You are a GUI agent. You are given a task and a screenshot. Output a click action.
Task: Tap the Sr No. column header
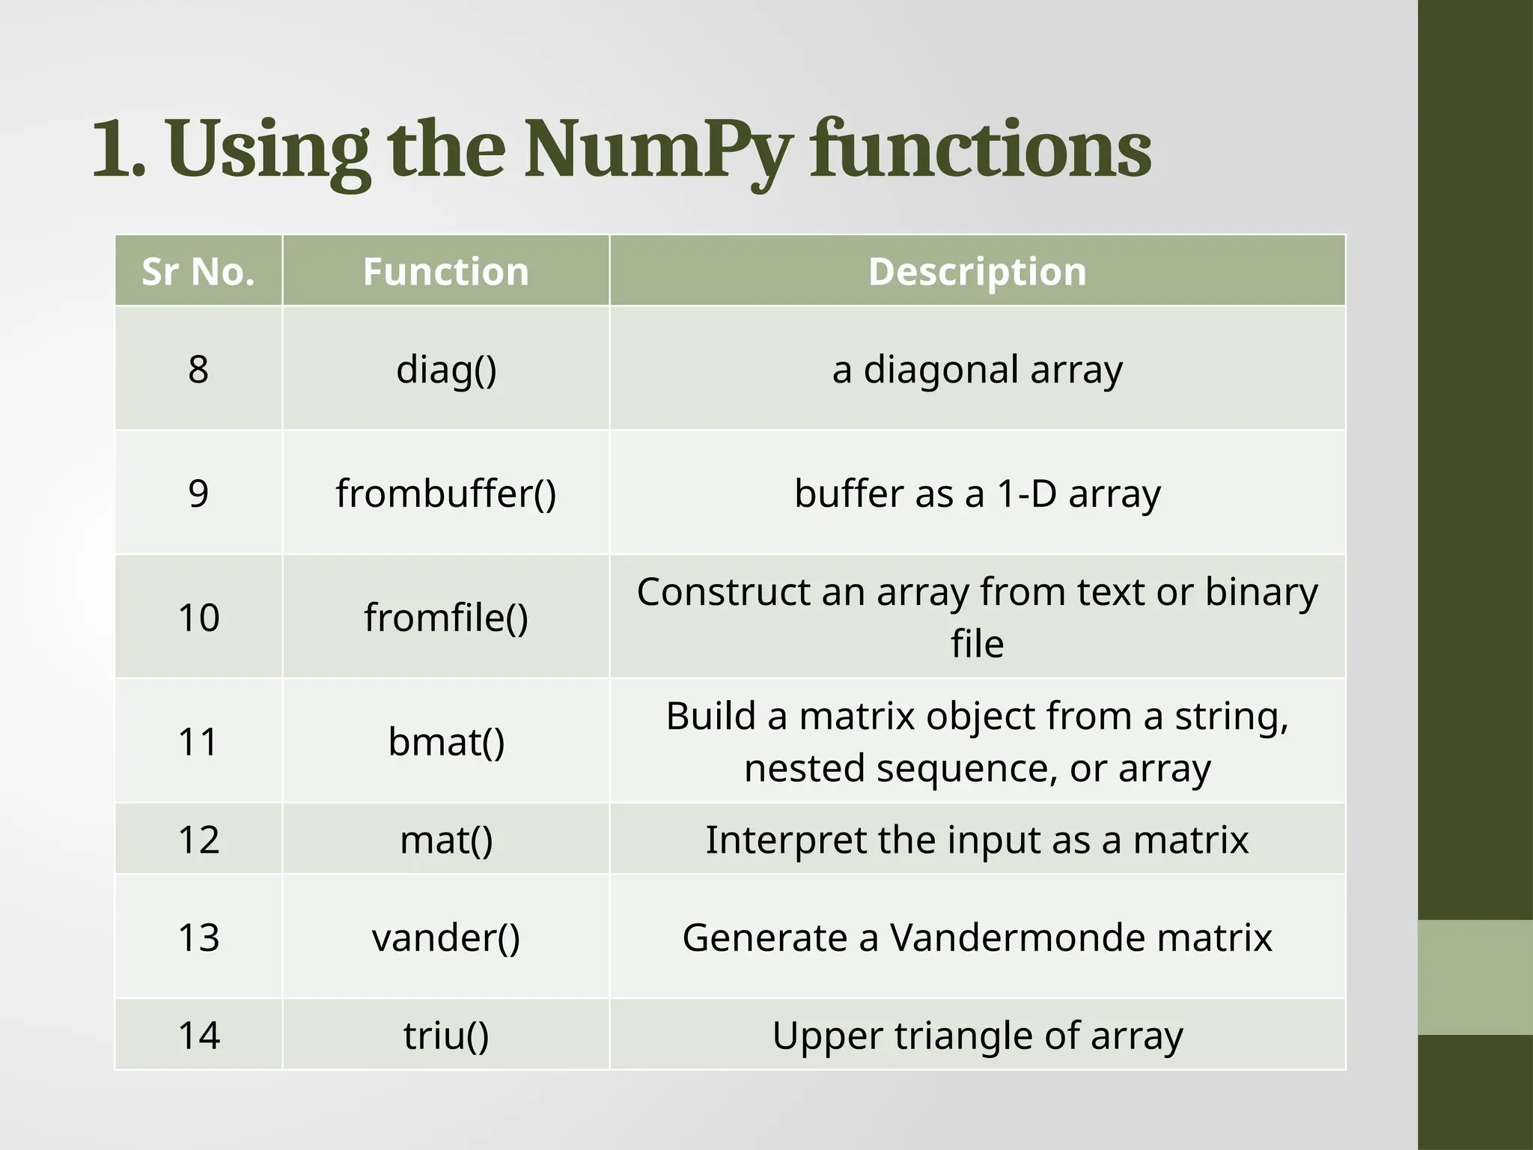pyautogui.click(x=198, y=271)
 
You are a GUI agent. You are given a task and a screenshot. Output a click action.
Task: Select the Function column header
pyautogui.click(x=446, y=271)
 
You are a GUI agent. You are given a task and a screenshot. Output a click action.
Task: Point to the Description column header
pyautogui.click(x=977, y=271)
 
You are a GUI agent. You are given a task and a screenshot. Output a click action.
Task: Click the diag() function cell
pyautogui.click(x=446, y=369)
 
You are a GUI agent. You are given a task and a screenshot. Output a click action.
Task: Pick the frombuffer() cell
pyautogui.click(x=446, y=493)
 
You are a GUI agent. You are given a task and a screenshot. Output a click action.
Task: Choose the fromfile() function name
pyautogui.click(x=446, y=618)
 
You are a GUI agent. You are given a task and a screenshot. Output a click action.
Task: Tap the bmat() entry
pyautogui.click(x=446, y=742)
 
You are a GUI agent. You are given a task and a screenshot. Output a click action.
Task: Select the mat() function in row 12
pyautogui.click(x=446, y=840)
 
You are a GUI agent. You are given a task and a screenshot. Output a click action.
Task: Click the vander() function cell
pyautogui.click(x=446, y=937)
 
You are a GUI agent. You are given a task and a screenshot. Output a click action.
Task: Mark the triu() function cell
pyautogui.click(x=446, y=1035)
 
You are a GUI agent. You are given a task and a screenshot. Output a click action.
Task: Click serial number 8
pyautogui.click(x=198, y=369)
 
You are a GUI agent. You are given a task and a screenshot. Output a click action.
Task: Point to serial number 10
pyautogui.click(x=198, y=618)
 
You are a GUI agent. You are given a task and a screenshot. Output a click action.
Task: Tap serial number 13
pyautogui.click(x=198, y=937)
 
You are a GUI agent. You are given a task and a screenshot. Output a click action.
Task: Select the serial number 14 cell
pyautogui.click(x=198, y=1035)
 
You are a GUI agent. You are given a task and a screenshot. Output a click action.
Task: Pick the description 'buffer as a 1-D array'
pyautogui.click(x=977, y=493)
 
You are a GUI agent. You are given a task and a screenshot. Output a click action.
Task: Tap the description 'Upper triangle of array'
pyautogui.click(x=977, y=1035)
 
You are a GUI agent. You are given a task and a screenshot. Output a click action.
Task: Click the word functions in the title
pyautogui.click(x=981, y=150)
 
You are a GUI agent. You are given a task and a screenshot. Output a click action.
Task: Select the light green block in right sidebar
pyautogui.click(x=1475, y=977)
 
